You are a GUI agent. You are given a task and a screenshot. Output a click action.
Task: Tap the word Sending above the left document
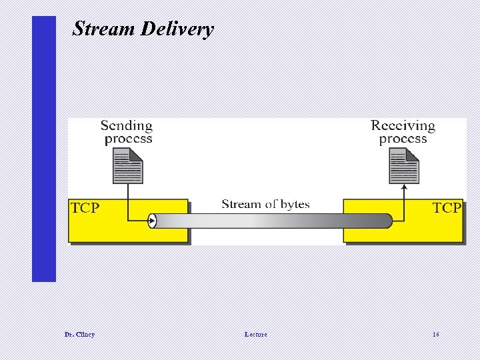click(127, 125)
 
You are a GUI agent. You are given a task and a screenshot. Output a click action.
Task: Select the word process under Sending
click(128, 139)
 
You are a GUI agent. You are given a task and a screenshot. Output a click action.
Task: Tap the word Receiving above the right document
click(403, 125)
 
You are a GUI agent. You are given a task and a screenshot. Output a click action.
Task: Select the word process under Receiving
click(403, 139)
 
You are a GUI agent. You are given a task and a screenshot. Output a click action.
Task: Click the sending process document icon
click(127, 165)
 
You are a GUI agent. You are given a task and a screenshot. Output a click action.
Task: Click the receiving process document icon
click(404, 165)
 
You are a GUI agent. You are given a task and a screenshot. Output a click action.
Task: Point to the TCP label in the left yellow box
click(85, 208)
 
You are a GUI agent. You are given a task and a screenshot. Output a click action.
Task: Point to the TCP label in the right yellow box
click(447, 208)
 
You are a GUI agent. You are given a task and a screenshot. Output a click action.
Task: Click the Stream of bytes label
click(265, 204)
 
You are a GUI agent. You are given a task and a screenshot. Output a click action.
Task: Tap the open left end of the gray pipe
click(152, 221)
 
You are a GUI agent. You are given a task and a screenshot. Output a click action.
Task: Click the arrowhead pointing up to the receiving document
click(404, 189)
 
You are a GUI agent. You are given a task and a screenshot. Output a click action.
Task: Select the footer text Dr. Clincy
click(79, 334)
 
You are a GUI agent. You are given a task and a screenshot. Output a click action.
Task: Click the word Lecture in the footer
click(255, 334)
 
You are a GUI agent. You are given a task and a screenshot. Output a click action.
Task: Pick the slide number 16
click(435, 334)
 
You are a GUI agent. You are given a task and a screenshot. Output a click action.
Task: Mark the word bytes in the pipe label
click(293, 204)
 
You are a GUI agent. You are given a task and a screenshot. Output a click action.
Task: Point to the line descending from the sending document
click(127, 200)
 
